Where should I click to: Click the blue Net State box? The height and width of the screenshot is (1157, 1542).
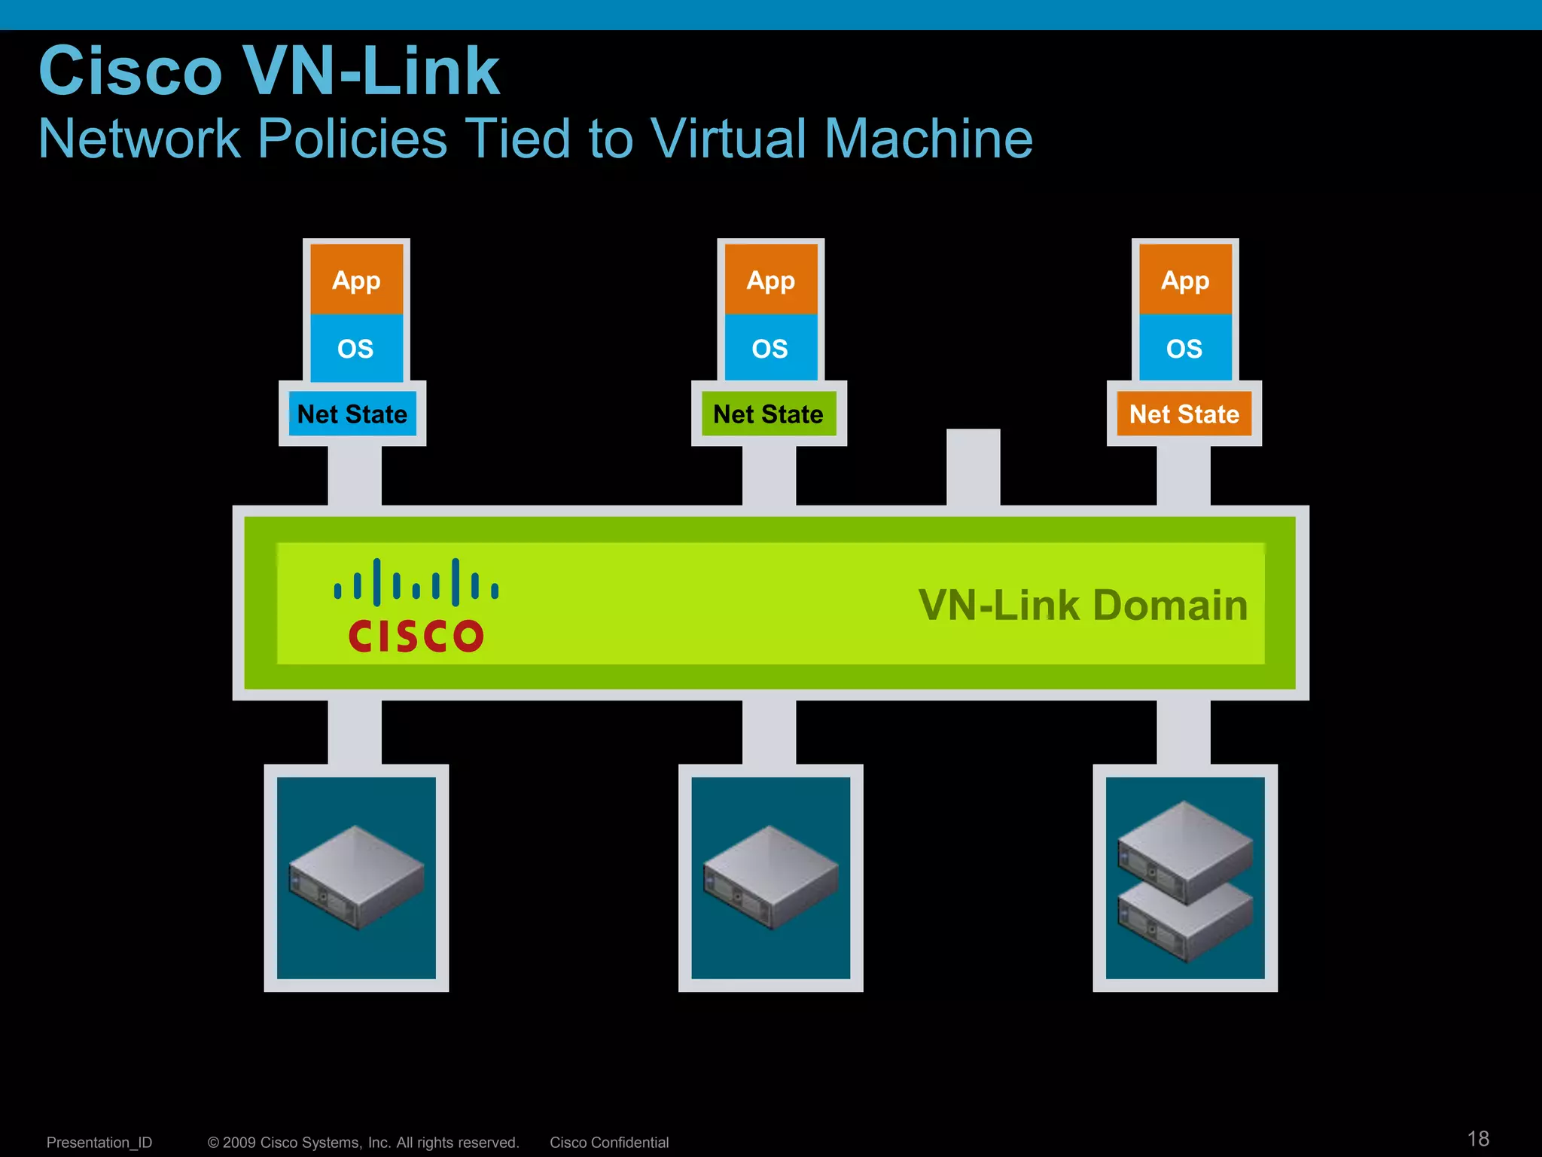[x=352, y=414]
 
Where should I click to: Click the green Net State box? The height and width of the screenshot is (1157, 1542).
[x=769, y=414]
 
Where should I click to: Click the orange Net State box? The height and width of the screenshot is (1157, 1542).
[x=1184, y=414]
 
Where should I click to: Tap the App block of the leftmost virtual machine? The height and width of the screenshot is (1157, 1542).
[x=357, y=279]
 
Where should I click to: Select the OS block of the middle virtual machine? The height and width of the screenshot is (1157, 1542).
[x=770, y=348]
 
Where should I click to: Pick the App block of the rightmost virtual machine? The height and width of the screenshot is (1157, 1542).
[x=1185, y=279]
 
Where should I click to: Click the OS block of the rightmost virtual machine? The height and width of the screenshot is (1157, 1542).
[x=1185, y=348]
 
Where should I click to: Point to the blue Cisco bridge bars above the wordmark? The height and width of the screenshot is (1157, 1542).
[x=416, y=582]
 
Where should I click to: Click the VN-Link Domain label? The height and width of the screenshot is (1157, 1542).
[x=1083, y=605]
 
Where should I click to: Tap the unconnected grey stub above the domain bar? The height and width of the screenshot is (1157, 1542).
[x=973, y=467]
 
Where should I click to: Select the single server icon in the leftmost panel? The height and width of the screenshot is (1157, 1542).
[x=357, y=877]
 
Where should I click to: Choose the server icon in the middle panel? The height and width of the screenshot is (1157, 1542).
[x=770, y=877]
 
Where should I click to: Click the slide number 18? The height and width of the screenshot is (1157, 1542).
[x=1478, y=1138]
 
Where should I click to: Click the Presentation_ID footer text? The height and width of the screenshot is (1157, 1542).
[x=99, y=1142]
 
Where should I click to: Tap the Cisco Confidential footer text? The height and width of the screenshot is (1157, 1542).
[x=609, y=1142]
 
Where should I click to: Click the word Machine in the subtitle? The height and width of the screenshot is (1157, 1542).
[x=928, y=139]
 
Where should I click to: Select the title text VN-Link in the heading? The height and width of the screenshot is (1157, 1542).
[x=370, y=71]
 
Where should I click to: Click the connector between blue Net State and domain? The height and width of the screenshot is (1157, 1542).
[x=355, y=475]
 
